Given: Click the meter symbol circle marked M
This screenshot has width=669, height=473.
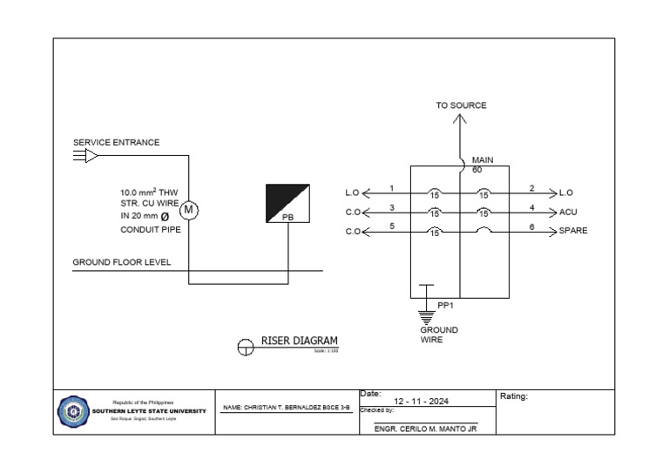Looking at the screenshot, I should click(x=189, y=210).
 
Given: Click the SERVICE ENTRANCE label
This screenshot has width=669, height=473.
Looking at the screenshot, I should click(x=116, y=143).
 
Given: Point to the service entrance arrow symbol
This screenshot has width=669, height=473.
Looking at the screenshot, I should click(x=85, y=156).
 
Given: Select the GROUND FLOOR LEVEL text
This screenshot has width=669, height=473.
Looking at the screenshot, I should click(x=122, y=262).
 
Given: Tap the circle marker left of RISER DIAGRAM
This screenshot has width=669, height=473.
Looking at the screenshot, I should click(x=246, y=348).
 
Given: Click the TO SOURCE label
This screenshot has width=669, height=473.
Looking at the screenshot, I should click(x=461, y=105).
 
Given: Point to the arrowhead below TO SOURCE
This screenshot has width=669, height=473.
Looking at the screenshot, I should click(x=460, y=120).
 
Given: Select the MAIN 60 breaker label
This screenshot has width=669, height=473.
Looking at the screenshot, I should click(x=482, y=165).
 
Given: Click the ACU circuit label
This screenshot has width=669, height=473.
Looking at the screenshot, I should click(x=568, y=212).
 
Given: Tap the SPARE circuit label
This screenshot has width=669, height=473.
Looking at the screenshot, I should click(x=573, y=231).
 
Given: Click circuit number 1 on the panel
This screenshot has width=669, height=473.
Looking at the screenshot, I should click(x=392, y=188).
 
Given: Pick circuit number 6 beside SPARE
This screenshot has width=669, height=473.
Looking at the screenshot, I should click(x=531, y=226).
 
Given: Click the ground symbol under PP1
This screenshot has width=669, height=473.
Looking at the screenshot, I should click(x=426, y=316).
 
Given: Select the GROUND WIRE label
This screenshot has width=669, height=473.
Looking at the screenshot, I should click(x=439, y=334).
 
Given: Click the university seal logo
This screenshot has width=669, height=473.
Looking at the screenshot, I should click(x=72, y=411).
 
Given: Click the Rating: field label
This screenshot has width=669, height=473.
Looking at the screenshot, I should click(x=514, y=396).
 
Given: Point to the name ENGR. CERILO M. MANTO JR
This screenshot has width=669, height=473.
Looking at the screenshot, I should click(x=425, y=429).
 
